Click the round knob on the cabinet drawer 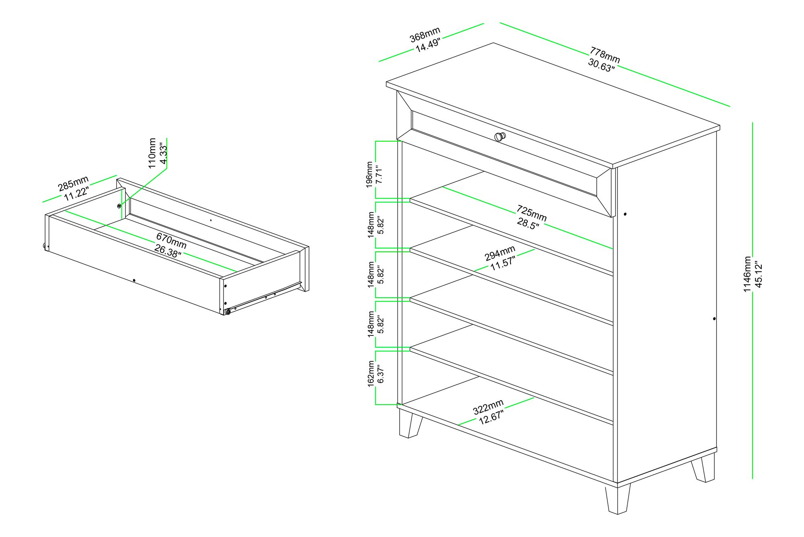[499, 136]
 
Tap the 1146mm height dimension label [747, 274]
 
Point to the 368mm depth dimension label [425, 34]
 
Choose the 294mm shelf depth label [500, 253]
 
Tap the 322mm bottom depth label [488, 407]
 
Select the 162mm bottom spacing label [371, 374]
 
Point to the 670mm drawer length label [171, 240]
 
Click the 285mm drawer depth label [73, 183]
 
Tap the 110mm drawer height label [152, 153]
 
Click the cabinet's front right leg [617, 499]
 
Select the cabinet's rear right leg [703, 468]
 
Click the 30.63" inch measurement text [601, 65]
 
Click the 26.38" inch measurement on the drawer [168, 250]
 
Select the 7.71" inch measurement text [379, 174]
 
